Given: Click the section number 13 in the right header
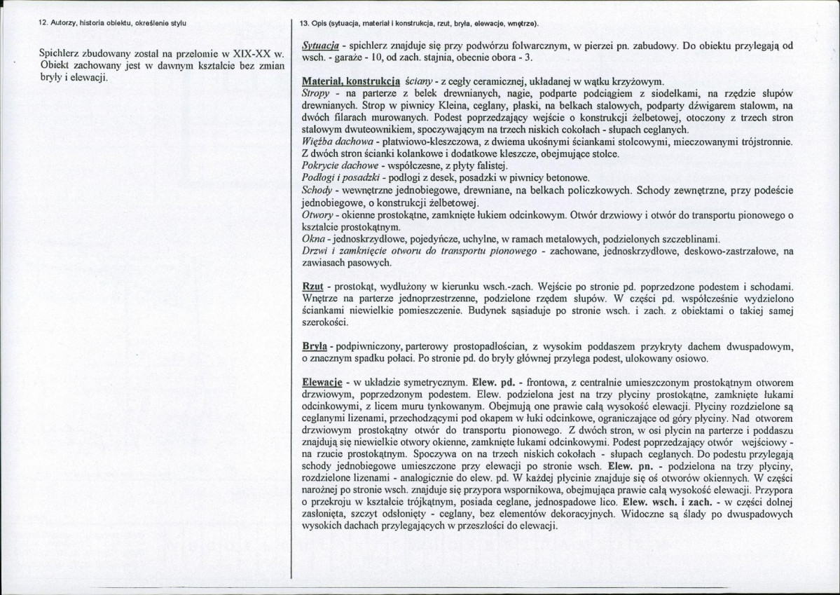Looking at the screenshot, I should tap(304, 24).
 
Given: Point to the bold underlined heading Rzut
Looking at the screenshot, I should tap(312, 287).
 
